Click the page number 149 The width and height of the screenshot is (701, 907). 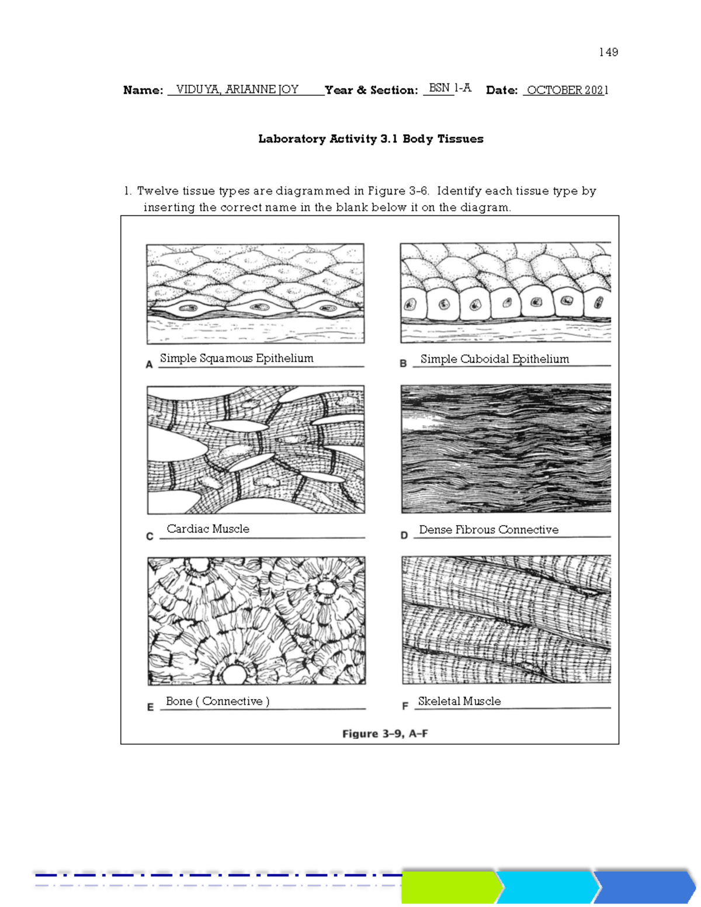(608, 53)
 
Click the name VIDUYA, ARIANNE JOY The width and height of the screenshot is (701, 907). (237, 89)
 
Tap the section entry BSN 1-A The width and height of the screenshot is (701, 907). (449, 88)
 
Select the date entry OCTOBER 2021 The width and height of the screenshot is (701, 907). (567, 90)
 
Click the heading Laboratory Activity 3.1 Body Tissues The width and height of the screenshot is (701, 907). (371, 139)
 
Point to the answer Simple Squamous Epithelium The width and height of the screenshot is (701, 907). (237, 358)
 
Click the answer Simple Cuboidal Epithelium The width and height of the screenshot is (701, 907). (494, 359)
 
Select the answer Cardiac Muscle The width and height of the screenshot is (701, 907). (208, 529)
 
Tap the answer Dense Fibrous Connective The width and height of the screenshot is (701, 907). (488, 530)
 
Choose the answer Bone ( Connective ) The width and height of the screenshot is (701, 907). (217, 701)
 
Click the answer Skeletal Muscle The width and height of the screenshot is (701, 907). (459, 701)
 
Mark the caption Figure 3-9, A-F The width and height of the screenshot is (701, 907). (385, 734)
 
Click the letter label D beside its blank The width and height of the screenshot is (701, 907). (404, 535)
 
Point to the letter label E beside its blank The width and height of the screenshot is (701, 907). (150, 707)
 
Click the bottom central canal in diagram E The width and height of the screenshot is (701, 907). (235, 674)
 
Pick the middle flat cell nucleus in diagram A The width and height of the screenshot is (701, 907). (258, 307)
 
